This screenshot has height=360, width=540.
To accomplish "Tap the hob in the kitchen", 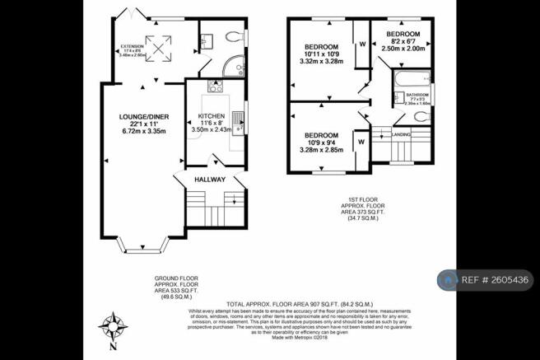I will (x=203, y=86).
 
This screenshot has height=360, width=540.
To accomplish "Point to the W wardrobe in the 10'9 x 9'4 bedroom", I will (x=361, y=142).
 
